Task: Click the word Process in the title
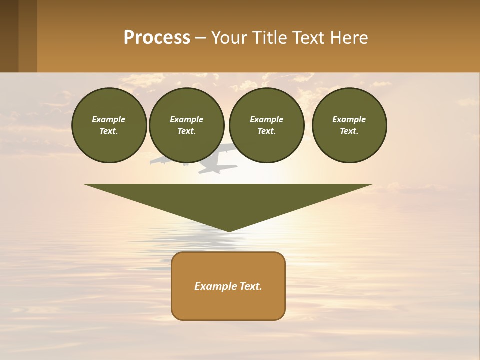pyautogui.click(x=157, y=38)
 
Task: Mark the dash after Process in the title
pyautogui.click(x=201, y=39)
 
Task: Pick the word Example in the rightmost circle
pyautogui.click(x=349, y=119)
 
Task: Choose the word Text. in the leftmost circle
pyautogui.click(x=109, y=131)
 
